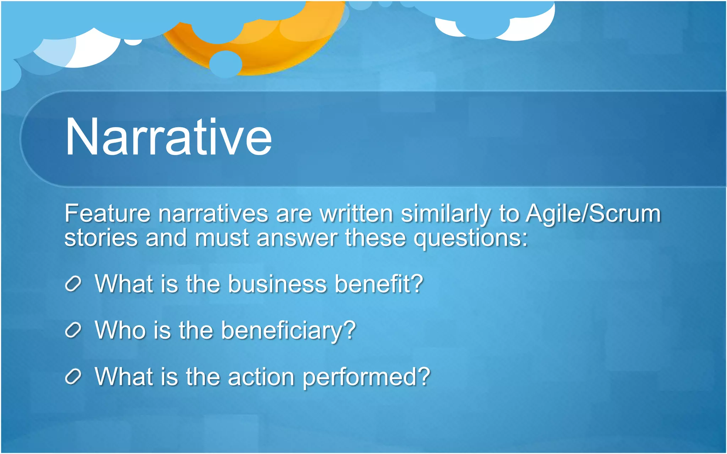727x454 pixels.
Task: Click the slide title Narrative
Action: [x=169, y=137]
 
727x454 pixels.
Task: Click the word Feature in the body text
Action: [x=108, y=214]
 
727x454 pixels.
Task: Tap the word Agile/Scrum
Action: [x=593, y=214]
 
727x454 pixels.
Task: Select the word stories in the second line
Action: [x=101, y=238]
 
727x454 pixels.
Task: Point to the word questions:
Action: [x=471, y=238]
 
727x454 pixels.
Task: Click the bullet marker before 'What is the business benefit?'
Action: [x=73, y=284]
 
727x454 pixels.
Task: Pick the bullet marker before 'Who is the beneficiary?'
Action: [x=73, y=331]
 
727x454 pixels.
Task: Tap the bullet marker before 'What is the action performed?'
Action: [x=73, y=377]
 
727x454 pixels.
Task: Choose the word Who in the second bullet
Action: [x=120, y=331]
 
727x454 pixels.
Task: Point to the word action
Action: [x=261, y=377]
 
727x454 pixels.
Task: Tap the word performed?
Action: [x=366, y=377]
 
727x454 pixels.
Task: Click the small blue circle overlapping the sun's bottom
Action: [x=226, y=64]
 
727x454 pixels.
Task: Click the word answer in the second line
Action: [x=297, y=238]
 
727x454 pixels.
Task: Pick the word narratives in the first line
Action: [x=213, y=214]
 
